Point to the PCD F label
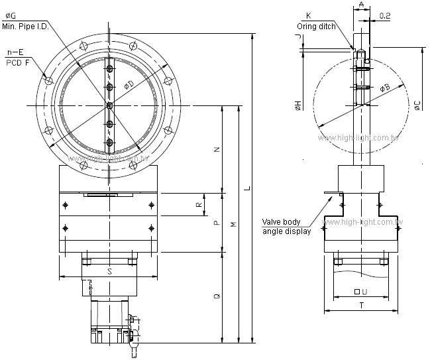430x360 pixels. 18,62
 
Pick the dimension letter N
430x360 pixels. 217,150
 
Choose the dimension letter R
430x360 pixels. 197,205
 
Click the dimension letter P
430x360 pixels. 217,223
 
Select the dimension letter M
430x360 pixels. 233,225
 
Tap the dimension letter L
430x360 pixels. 248,189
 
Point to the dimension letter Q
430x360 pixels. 217,298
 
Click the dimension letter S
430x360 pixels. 109,271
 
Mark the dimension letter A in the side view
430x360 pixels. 360,5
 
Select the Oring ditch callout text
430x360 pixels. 316,27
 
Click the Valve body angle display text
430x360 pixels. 287,227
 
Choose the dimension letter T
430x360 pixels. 361,306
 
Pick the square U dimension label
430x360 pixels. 361,292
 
